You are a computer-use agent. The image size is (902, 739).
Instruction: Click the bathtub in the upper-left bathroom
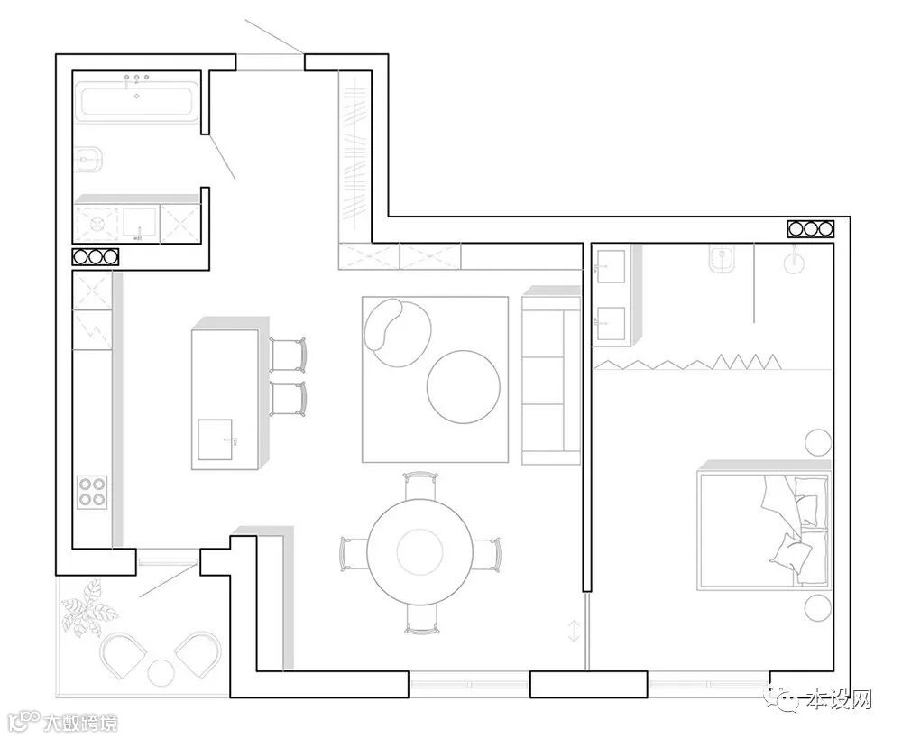tap(137, 103)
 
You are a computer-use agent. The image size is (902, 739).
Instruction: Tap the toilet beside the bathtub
tap(89, 159)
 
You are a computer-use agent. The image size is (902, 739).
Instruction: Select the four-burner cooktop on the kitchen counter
tap(92, 492)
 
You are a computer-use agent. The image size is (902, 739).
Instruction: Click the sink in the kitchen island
tap(215, 439)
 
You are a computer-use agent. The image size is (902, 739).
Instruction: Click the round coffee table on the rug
tap(463, 387)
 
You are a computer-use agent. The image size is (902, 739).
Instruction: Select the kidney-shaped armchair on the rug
tap(397, 331)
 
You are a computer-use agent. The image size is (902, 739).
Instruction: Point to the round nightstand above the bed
tap(818, 442)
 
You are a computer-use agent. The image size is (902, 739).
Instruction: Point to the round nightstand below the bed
tap(818, 608)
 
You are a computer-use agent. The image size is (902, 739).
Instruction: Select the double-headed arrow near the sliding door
tap(574, 631)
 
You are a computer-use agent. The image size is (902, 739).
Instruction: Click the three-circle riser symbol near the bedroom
tap(811, 229)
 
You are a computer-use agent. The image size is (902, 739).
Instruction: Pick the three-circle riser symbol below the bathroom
tap(95, 256)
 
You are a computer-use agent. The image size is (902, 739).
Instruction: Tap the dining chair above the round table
tap(421, 485)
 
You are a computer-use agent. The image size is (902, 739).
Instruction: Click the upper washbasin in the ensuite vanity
tap(611, 266)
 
